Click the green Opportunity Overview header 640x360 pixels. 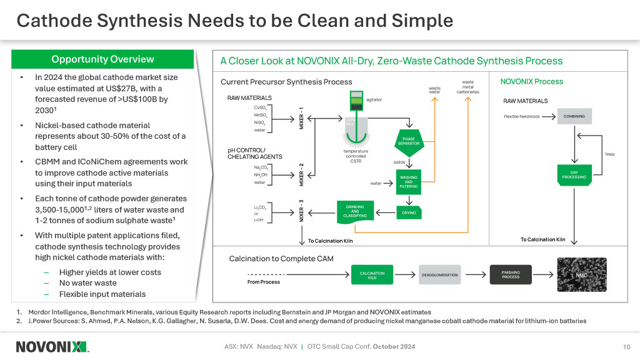(x=102, y=59)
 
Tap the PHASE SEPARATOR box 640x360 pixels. (x=409, y=141)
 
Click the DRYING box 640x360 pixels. (x=409, y=212)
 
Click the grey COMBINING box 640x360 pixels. (x=574, y=116)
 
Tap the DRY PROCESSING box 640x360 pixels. (x=574, y=174)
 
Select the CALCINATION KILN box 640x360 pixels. (x=372, y=275)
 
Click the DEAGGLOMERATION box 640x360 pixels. (x=439, y=275)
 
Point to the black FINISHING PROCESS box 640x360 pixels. (x=510, y=275)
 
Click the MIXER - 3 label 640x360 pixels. (x=301, y=211)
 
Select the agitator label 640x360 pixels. (x=373, y=99)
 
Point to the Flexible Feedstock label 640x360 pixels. (x=521, y=116)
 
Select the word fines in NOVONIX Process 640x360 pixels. (x=610, y=154)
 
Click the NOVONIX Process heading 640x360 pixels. (x=532, y=81)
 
